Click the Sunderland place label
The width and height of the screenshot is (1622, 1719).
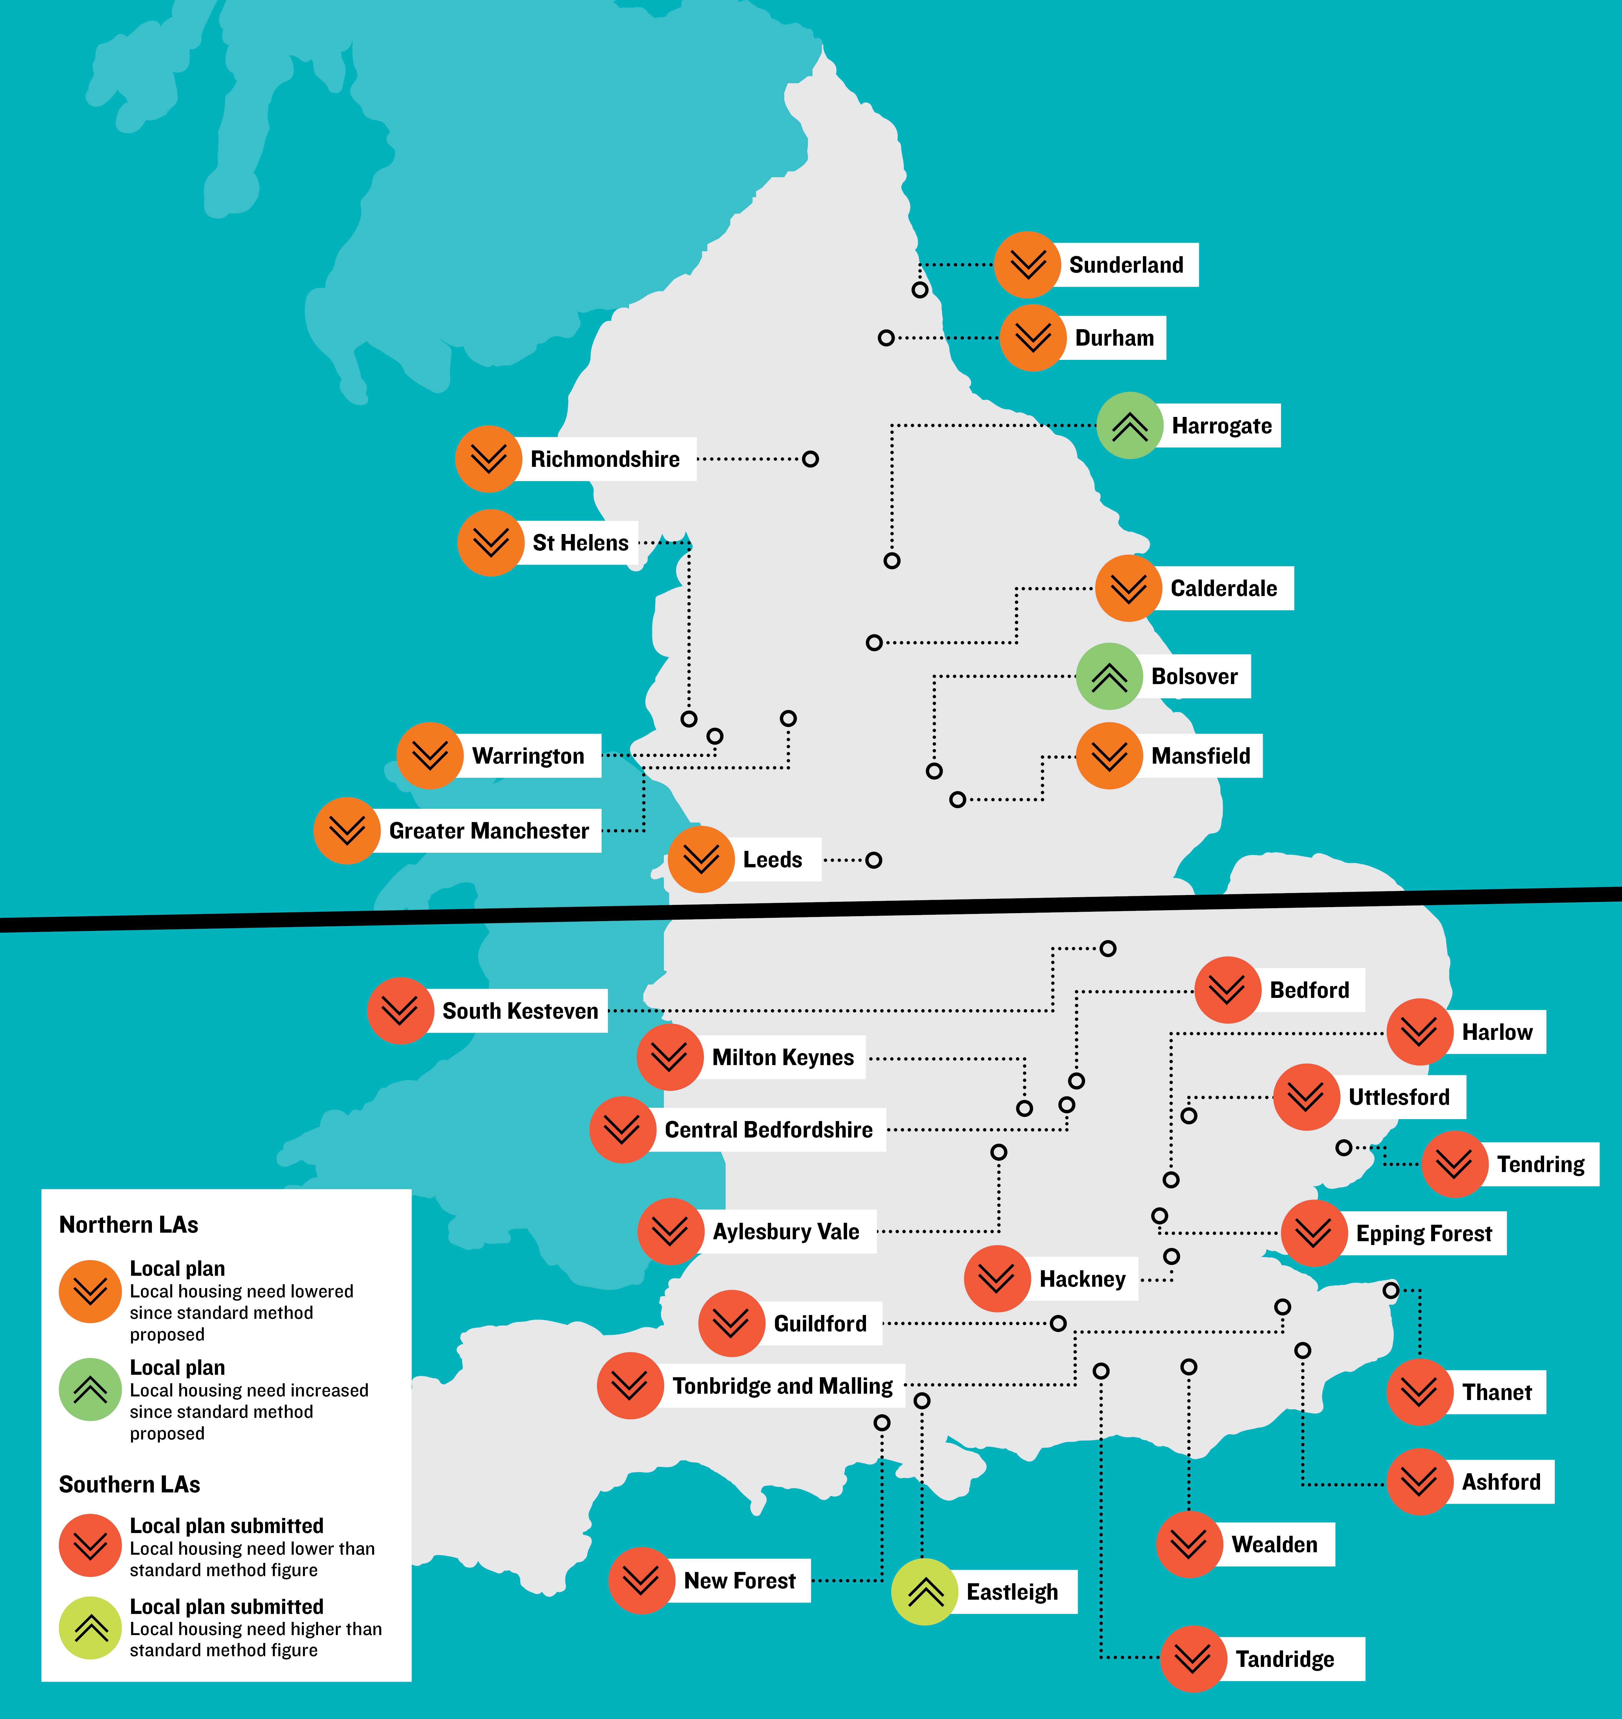1126,265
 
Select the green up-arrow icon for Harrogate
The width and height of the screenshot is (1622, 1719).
1129,425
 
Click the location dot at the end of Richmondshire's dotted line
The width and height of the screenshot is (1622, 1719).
810,459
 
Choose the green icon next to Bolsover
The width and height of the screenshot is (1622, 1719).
1108,676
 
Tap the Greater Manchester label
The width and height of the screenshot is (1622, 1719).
488,831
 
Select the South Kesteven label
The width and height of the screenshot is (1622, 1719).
520,1011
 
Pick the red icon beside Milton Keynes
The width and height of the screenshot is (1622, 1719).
669,1057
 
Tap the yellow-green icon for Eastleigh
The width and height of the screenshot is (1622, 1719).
924,1592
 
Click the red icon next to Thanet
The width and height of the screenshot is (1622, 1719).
1419,1392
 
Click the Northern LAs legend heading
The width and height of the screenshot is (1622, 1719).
129,1224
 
